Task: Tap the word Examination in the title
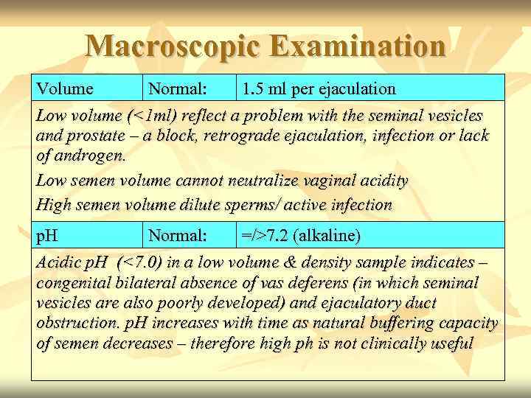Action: [357, 46]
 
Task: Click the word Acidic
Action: [60, 262]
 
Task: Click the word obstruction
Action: [72, 324]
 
